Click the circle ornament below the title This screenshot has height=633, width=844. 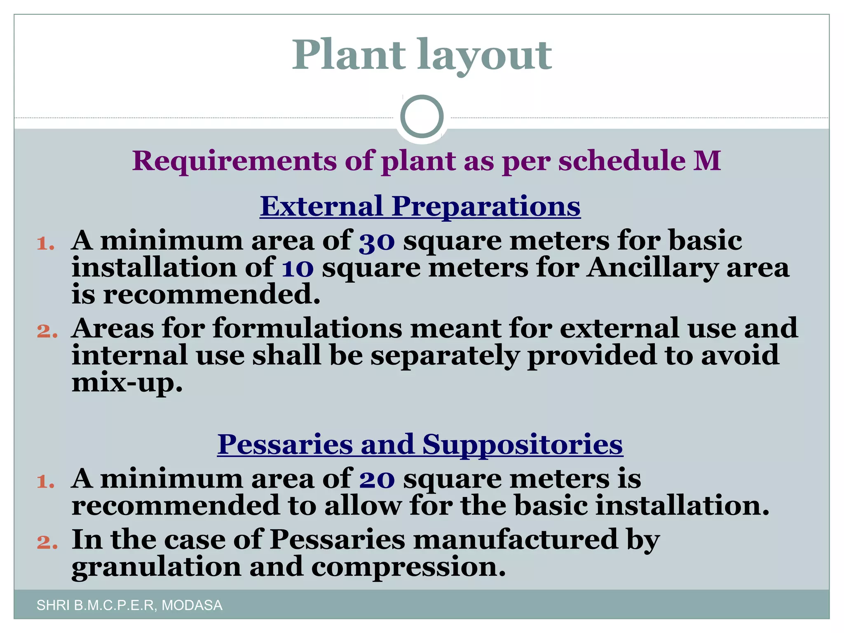[422, 117]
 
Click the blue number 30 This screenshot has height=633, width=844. [377, 242]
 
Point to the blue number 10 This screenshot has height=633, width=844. [297, 269]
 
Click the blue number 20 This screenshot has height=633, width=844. [377, 480]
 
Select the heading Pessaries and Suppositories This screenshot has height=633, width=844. [420, 444]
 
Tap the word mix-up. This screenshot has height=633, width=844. [127, 383]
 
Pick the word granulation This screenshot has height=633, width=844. [156, 567]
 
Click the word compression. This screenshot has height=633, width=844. [408, 567]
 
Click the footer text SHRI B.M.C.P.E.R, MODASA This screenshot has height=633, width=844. [129, 605]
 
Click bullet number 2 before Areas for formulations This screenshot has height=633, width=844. [47, 331]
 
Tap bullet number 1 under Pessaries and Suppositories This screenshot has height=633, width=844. [46, 481]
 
